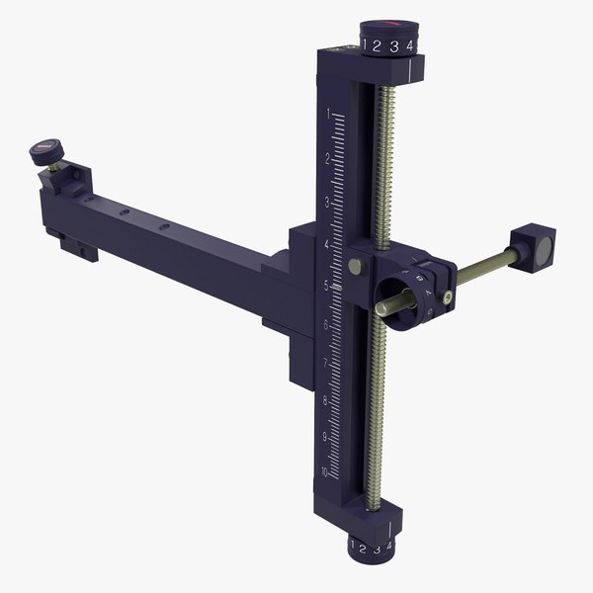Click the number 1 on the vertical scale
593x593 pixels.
(327, 115)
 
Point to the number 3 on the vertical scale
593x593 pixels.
(327, 202)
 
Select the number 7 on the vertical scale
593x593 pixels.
(325, 362)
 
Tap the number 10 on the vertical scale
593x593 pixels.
(323, 473)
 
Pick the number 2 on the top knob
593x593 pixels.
(377, 45)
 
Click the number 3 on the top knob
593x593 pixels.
(393, 46)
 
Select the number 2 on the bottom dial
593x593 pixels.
(364, 549)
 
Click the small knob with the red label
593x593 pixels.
(44, 151)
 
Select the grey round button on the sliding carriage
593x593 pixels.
(354, 265)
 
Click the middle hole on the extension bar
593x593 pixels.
(125, 212)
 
